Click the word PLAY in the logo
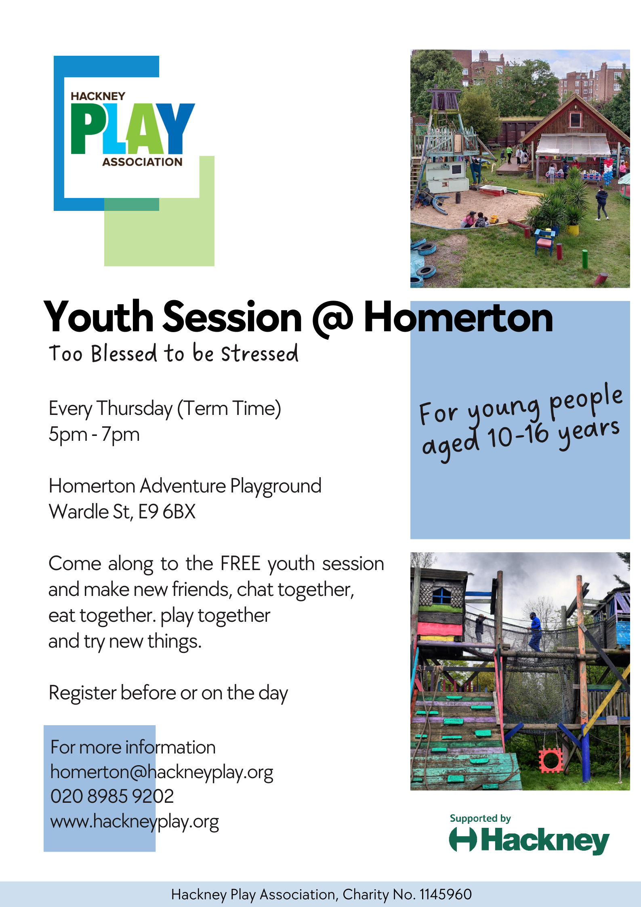pyautogui.click(x=133, y=128)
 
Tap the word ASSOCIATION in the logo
pyautogui.click(x=142, y=162)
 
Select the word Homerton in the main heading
pyautogui.click(x=458, y=318)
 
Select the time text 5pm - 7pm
pyautogui.click(x=94, y=435)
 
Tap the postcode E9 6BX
pyautogui.click(x=167, y=511)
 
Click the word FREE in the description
pyautogui.click(x=240, y=563)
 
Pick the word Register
pyautogui.click(x=82, y=693)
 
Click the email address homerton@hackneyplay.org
pyautogui.click(x=162, y=772)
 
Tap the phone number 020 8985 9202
pyautogui.click(x=112, y=797)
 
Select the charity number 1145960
pyautogui.click(x=446, y=894)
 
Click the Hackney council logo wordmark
pyautogui.click(x=529, y=840)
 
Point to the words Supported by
pyautogui.click(x=480, y=819)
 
